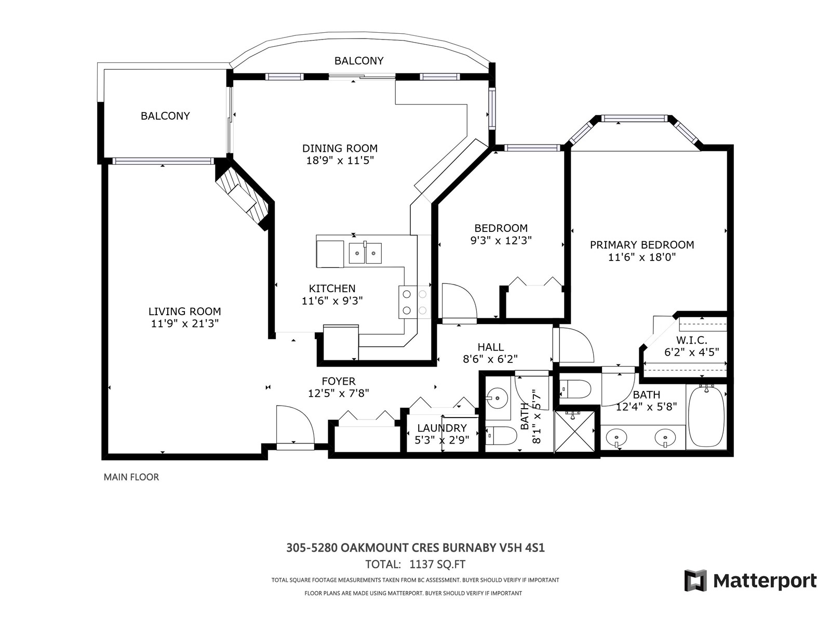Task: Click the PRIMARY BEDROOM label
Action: click(x=642, y=245)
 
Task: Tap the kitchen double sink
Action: click(x=365, y=253)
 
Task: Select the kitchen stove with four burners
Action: click(x=414, y=302)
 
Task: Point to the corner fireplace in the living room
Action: click(x=243, y=197)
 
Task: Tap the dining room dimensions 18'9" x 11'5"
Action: click(x=340, y=161)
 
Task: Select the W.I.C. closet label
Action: click(x=692, y=340)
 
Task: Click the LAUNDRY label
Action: click(x=442, y=428)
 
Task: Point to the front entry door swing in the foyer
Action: click(x=295, y=424)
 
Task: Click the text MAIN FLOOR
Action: click(x=131, y=477)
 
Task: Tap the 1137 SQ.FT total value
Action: click(x=437, y=564)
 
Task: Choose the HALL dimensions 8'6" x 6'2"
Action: click(x=490, y=359)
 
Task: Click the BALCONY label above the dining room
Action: click(x=359, y=61)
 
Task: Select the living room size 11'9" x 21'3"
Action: click(x=185, y=323)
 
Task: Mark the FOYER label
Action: click(x=339, y=381)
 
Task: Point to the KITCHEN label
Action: click(x=332, y=288)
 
